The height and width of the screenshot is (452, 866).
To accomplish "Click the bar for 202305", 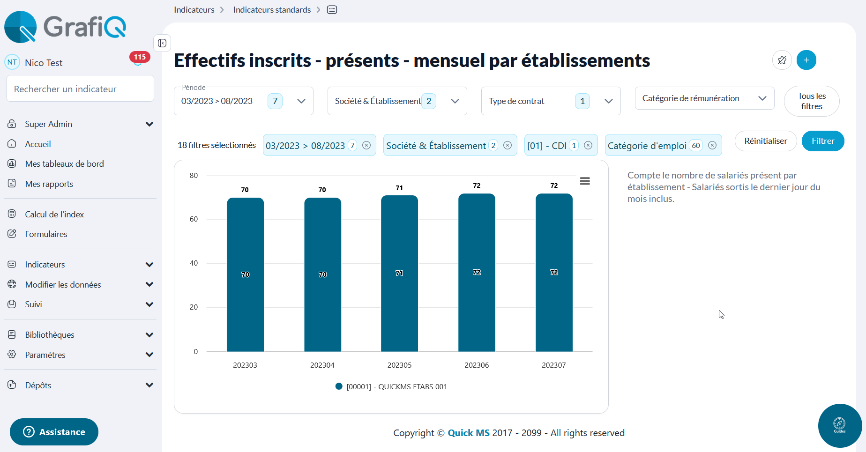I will (x=399, y=273).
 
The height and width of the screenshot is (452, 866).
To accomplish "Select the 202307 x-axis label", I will (x=553, y=365).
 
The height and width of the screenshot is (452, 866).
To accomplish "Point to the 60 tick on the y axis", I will (x=194, y=219).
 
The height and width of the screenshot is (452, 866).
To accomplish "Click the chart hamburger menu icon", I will (x=584, y=181).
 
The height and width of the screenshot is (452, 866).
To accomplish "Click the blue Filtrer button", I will (x=822, y=141).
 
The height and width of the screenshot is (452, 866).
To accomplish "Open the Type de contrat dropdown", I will (x=551, y=101).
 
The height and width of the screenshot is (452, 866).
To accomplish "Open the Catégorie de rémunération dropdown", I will (x=704, y=98).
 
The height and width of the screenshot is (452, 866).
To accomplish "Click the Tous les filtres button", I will (x=811, y=101).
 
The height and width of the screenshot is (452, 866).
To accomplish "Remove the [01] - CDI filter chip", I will (x=588, y=145).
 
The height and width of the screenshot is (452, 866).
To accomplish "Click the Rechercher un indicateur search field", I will (x=80, y=89).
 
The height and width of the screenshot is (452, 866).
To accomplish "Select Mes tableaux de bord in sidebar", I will (x=64, y=164).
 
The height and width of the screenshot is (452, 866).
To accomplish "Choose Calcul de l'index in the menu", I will (x=54, y=215).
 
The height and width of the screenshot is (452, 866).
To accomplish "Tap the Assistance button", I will (x=54, y=432).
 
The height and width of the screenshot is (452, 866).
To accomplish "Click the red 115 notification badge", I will (x=140, y=57).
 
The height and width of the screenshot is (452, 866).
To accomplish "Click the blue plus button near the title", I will (x=806, y=60).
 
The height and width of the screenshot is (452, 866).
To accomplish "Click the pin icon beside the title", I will (x=782, y=60).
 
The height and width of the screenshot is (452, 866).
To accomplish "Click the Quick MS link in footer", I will (x=469, y=433).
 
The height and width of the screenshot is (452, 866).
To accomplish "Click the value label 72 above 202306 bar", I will (x=477, y=185).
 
